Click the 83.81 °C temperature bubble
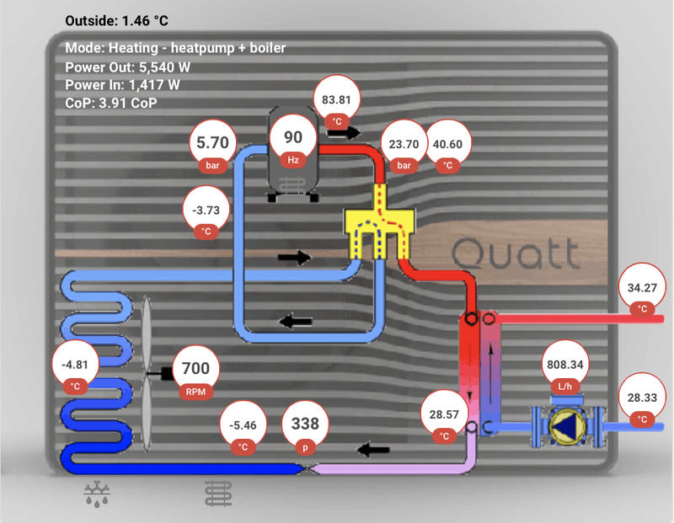click(336, 104)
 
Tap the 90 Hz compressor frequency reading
click(293, 142)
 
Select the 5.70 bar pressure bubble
click(212, 148)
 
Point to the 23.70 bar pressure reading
click(404, 148)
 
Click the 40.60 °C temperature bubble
click(447, 148)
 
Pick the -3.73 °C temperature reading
click(206, 214)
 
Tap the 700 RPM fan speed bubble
click(195, 373)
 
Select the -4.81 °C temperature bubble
click(75, 370)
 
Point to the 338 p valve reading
click(306, 430)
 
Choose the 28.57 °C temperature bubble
click(444, 420)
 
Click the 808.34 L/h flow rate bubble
click(564, 370)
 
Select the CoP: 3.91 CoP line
click(110, 103)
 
